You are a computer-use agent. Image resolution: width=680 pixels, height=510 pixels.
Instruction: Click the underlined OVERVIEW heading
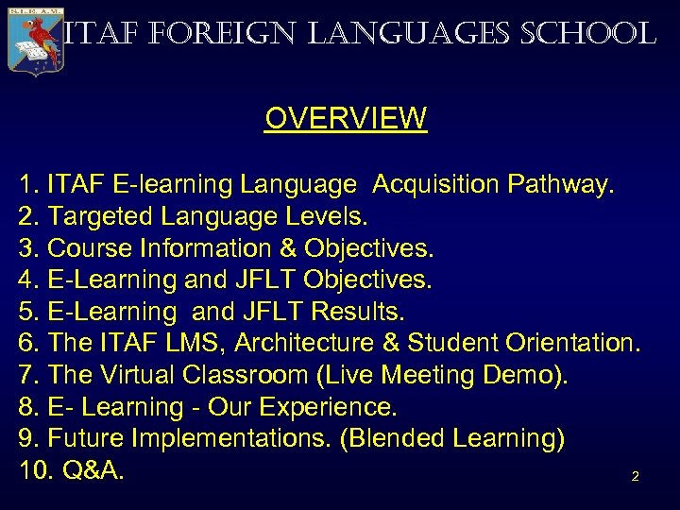click(x=346, y=119)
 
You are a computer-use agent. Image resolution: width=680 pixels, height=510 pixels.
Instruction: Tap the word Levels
click(x=324, y=217)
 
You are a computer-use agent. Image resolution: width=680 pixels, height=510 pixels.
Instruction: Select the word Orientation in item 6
click(x=575, y=344)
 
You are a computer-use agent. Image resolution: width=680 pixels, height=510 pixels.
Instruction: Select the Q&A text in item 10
click(x=93, y=470)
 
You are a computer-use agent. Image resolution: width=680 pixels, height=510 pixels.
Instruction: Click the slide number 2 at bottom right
click(x=635, y=477)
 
